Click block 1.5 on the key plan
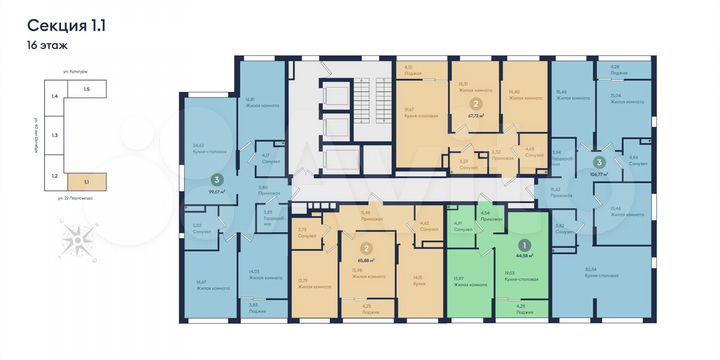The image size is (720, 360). (87, 90)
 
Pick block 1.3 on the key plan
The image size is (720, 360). (56, 133)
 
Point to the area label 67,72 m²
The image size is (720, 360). (477, 114)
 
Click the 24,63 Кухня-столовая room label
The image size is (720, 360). (205, 150)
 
